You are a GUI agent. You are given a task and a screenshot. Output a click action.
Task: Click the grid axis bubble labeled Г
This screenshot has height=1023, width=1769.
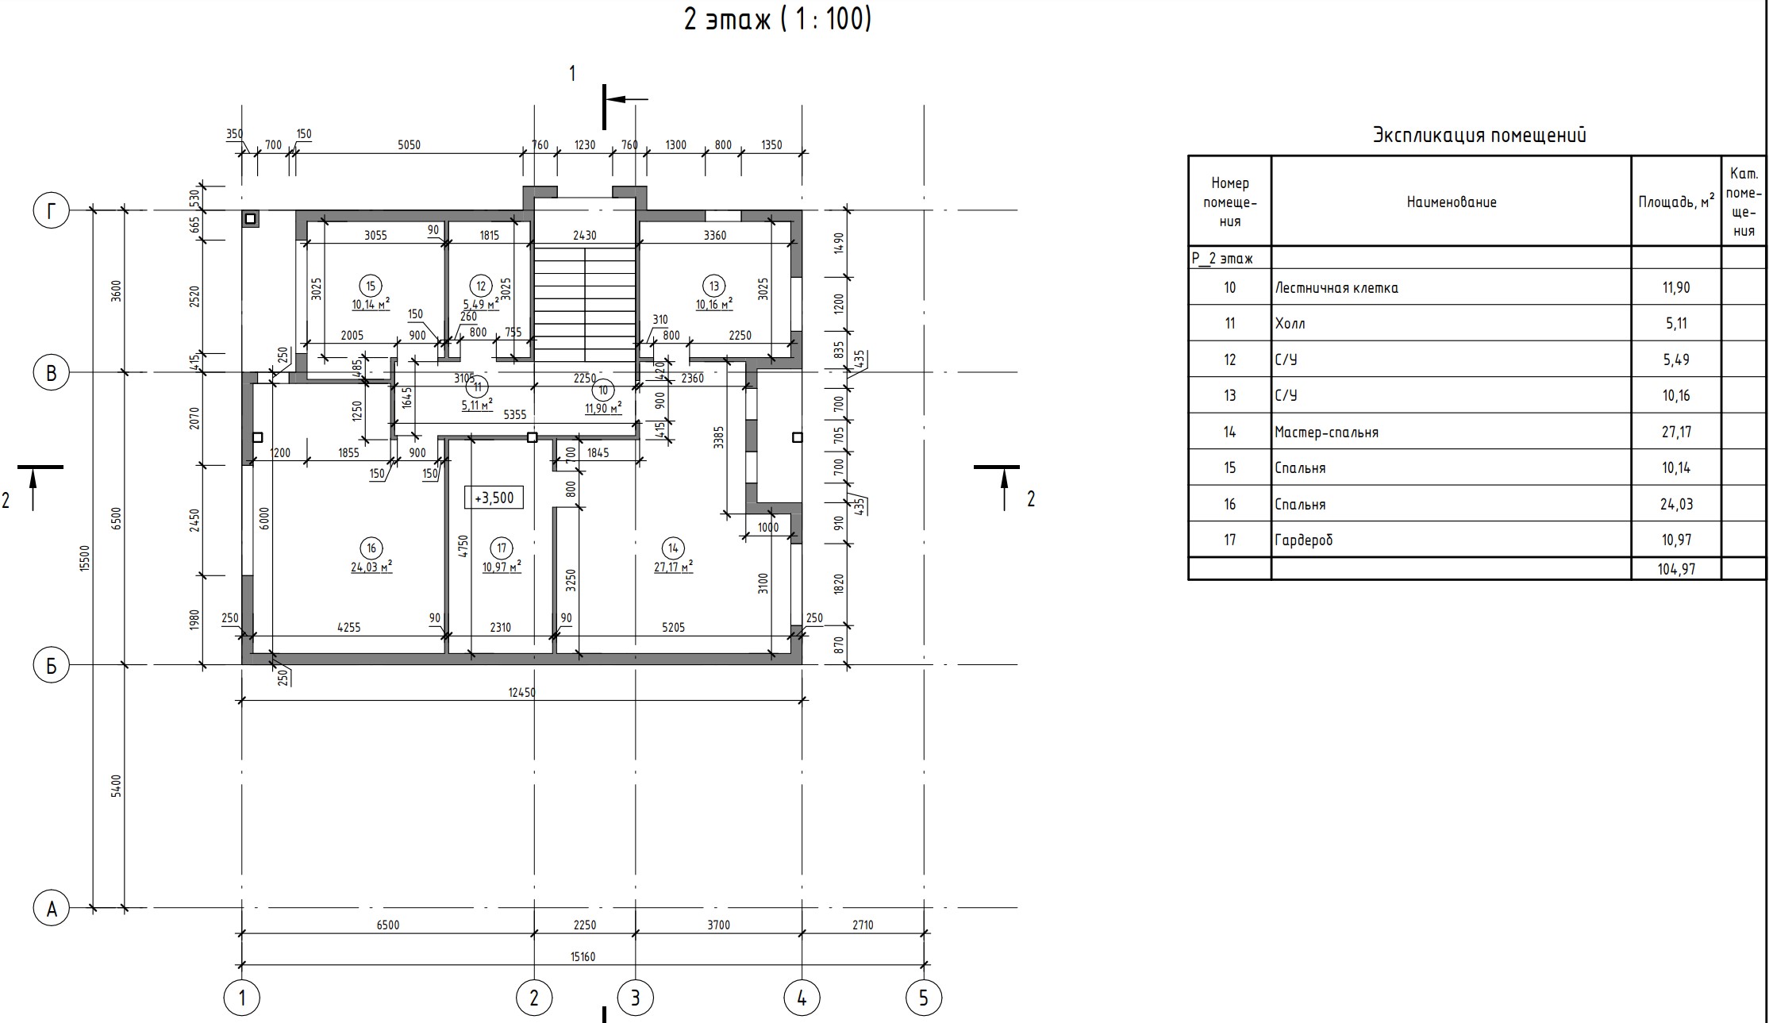[52, 211]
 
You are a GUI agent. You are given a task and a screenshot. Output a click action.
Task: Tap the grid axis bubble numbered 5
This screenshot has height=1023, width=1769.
[923, 998]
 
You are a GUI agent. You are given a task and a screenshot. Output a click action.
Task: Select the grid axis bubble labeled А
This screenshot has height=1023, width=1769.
[52, 908]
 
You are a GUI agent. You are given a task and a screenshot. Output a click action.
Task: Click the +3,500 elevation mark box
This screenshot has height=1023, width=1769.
[494, 498]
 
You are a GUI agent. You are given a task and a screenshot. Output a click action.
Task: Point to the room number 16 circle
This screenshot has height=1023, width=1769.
[371, 548]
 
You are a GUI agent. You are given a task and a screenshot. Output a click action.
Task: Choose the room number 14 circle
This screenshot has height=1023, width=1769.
[673, 548]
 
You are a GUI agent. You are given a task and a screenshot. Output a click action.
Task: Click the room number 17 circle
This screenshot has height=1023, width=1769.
[502, 548]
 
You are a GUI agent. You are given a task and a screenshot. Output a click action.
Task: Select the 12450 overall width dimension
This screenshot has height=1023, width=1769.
[521, 692]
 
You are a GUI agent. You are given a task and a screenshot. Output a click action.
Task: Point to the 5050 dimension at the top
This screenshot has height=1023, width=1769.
[409, 145]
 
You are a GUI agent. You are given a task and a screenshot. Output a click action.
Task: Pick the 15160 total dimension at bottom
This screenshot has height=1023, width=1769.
[583, 956]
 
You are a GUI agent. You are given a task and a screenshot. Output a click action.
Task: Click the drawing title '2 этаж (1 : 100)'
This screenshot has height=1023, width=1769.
[778, 20]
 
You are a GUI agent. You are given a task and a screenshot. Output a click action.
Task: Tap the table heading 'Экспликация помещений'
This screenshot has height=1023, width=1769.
[1479, 135]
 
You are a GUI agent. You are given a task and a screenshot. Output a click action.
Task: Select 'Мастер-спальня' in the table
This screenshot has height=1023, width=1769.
[1326, 433]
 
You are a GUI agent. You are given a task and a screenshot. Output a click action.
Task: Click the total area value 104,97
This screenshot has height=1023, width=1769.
[1676, 569]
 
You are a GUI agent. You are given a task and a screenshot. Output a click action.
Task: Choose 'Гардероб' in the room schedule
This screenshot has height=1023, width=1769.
[1304, 540]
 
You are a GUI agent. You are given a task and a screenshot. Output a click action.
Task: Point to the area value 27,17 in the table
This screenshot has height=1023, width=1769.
[1676, 433]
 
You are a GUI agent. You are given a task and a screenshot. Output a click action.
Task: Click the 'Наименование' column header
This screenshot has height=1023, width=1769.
[1452, 202]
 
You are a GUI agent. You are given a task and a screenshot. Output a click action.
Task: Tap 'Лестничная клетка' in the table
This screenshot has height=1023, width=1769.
[1336, 288]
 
